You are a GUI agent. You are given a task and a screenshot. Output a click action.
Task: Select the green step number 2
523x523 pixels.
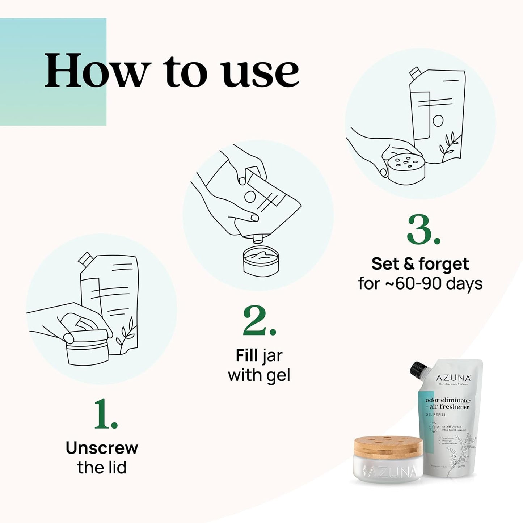coord(259,321)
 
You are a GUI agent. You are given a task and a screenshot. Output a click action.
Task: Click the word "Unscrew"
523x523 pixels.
coord(102,448)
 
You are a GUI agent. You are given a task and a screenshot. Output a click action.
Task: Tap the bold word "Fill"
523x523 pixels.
coord(247,355)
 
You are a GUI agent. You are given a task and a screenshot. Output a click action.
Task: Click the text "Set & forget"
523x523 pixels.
coord(420,264)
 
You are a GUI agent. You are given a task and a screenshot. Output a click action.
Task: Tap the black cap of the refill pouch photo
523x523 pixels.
coord(418,369)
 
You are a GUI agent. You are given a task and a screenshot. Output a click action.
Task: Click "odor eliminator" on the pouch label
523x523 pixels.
coord(448,400)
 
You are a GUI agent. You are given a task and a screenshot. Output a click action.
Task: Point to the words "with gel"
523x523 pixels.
coord(259,375)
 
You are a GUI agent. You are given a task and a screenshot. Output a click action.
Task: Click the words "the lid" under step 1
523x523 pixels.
coord(102,467)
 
